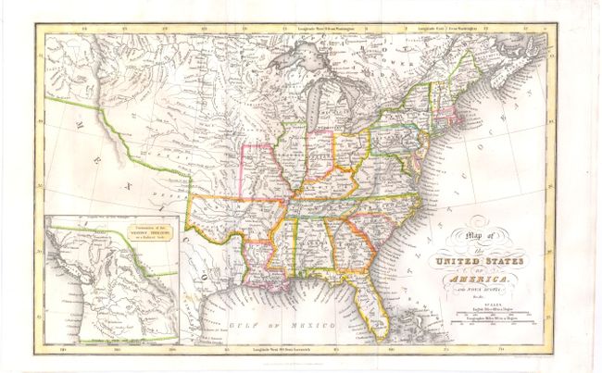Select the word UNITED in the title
452,270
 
